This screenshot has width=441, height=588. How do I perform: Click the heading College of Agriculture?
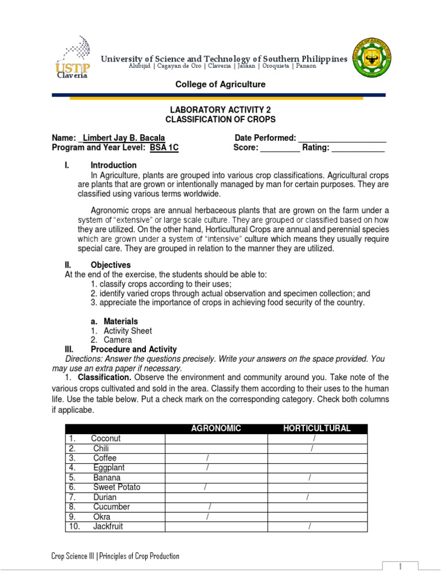[x=220, y=84]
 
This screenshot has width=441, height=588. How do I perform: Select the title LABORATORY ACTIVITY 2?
[x=220, y=110]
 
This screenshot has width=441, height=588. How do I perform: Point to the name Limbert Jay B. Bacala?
[x=124, y=138]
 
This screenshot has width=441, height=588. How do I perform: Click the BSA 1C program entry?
[x=164, y=148]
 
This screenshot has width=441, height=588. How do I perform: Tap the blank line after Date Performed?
[x=342, y=139]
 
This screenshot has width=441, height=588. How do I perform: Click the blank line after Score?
[x=280, y=149]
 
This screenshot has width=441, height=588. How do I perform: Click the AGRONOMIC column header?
[x=216, y=428]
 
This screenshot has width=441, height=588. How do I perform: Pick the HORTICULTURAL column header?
[x=317, y=428]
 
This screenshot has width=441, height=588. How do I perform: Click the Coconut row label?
[x=106, y=439]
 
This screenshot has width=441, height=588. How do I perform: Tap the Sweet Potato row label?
[x=117, y=488]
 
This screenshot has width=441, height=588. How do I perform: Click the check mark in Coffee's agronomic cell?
[x=207, y=458]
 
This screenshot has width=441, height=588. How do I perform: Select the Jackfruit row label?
[x=108, y=527]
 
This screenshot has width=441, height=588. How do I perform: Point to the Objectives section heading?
[x=110, y=265]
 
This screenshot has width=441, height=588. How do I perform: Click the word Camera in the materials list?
[x=117, y=340]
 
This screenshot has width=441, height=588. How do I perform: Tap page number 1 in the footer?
[x=400, y=567]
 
